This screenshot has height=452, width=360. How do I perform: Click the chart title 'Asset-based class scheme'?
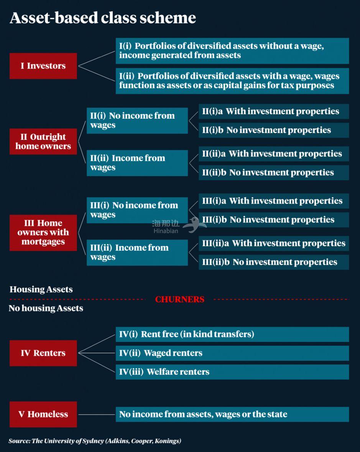pos(103,18)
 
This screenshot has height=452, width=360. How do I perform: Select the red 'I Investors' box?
pos(43,66)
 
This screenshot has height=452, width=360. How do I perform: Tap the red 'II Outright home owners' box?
pos(43,141)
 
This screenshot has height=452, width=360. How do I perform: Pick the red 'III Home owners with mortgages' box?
pos(43,232)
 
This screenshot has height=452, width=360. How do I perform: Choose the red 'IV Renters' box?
pos(43,353)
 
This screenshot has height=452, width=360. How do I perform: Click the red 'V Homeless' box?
pos(43,414)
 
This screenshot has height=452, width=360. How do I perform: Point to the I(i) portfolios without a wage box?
pos(232,51)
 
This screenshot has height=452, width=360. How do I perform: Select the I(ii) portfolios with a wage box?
pos(232,81)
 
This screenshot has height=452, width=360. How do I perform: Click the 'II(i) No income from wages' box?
pos(137,120)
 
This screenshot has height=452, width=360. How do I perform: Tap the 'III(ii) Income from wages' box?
pos(137,252)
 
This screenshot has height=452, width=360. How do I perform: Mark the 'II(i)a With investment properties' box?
pos(273,112)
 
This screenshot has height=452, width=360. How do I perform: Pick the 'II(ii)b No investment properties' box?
pos(273,173)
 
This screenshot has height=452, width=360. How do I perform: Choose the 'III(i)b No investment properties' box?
pos(273,220)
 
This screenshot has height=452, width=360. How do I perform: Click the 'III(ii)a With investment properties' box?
pos(273,243)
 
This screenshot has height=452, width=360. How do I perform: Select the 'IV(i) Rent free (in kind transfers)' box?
pos(232,334)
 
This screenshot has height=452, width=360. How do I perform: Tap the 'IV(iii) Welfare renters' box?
pos(232,372)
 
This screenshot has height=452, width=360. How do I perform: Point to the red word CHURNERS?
pos(179,299)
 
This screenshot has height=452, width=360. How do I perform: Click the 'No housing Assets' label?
pos(46,308)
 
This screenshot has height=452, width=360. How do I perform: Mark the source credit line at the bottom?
pos(95,441)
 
